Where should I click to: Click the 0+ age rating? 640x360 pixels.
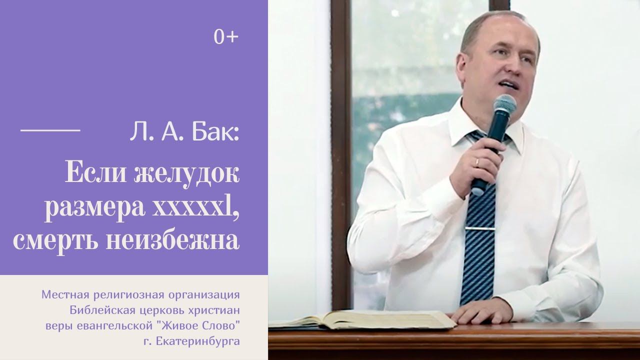coord(226,38)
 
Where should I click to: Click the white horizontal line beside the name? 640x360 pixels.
coord(50,129)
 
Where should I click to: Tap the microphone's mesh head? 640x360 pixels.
coord(504,106)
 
